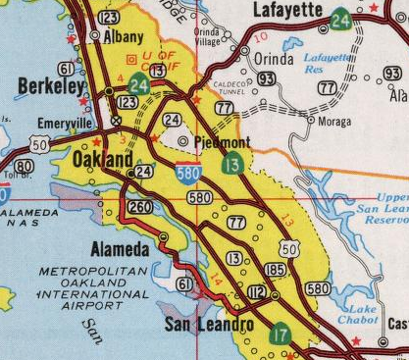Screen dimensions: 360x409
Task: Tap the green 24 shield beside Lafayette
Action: pos(341,18)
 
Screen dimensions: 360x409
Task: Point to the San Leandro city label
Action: pos(208,324)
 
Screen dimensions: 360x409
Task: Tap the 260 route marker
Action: pos(140,207)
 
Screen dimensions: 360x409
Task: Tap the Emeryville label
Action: pos(64,124)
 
